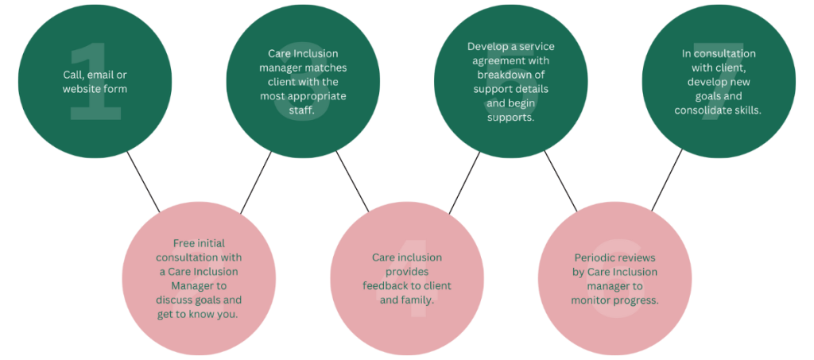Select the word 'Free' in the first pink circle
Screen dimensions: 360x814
coord(184,242)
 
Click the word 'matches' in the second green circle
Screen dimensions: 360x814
coord(327,68)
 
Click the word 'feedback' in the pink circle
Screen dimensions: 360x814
coord(385,285)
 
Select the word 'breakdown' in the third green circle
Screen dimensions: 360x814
coord(498,75)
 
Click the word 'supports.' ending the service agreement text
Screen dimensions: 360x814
coord(510,118)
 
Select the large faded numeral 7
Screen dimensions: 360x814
coord(718,87)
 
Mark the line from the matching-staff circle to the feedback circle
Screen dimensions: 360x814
coord(353,182)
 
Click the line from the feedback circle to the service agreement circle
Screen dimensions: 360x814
coord(465,182)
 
